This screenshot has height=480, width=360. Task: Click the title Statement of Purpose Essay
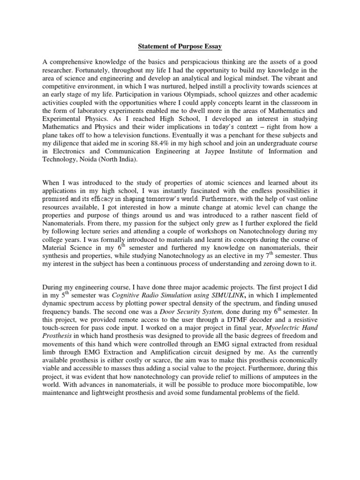[x=180, y=47]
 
